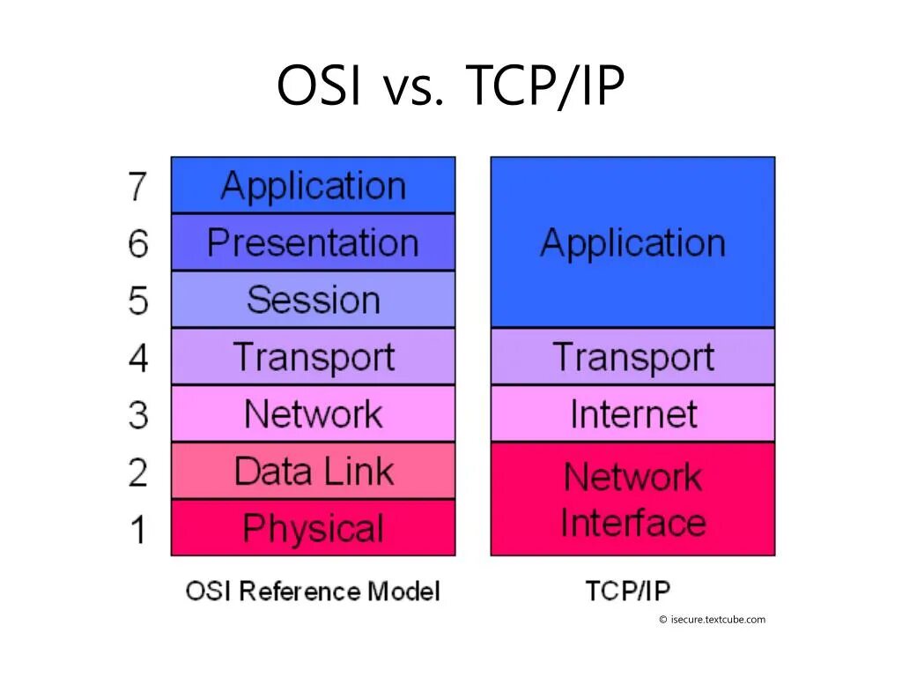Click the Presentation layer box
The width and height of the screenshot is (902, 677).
(313, 242)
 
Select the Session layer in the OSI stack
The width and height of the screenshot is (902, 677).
(313, 300)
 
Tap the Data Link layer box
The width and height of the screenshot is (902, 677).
(313, 471)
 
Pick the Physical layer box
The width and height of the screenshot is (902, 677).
(313, 528)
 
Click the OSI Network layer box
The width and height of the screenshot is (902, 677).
(313, 413)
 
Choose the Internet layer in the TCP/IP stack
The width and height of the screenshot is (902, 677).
(632, 413)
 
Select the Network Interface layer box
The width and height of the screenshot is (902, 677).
(632, 499)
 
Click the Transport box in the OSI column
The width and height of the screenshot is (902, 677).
(313, 357)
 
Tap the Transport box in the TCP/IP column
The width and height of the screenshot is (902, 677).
(632, 357)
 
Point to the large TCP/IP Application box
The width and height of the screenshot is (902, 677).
(632, 242)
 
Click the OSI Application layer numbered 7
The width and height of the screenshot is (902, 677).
(313, 186)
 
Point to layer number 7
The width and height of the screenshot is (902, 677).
(137, 186)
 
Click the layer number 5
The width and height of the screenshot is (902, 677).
(137, 301)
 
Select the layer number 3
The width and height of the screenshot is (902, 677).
(137, 414)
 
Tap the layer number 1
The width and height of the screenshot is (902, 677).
(137, 529)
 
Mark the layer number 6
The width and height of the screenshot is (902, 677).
(137, 243)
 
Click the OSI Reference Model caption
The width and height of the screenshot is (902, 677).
(312, 591)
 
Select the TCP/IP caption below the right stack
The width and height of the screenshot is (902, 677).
(627, 591)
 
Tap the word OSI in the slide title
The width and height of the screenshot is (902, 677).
(319, 87)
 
